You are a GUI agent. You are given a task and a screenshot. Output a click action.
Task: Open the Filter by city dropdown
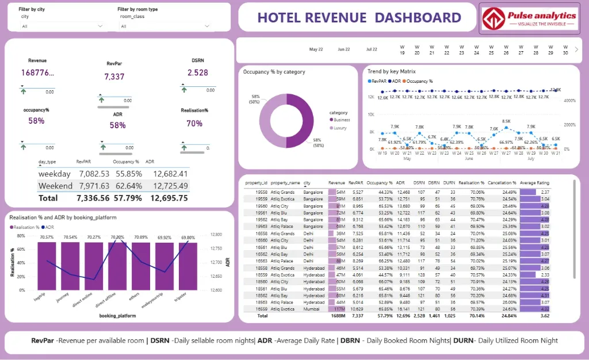(x=62, y=26)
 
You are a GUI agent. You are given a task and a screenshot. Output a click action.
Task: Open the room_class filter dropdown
(x=166, y=26)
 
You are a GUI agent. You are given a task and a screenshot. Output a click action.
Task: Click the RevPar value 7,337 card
(x=114, y=76)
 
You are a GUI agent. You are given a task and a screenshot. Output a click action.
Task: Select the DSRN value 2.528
(x=198, y=72)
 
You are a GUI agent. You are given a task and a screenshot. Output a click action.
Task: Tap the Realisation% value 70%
(x=194, y=123)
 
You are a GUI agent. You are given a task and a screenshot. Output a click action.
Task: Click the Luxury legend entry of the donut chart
(x=340, y=128)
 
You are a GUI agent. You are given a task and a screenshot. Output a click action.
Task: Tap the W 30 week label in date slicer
(x=565, y=49)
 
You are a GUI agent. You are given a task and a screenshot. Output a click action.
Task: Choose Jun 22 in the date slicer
(x=344, y=49)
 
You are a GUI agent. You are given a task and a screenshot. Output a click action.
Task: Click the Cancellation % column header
(x=502, y=182)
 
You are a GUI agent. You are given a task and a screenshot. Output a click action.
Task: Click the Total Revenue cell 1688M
(x=336, y=316)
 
